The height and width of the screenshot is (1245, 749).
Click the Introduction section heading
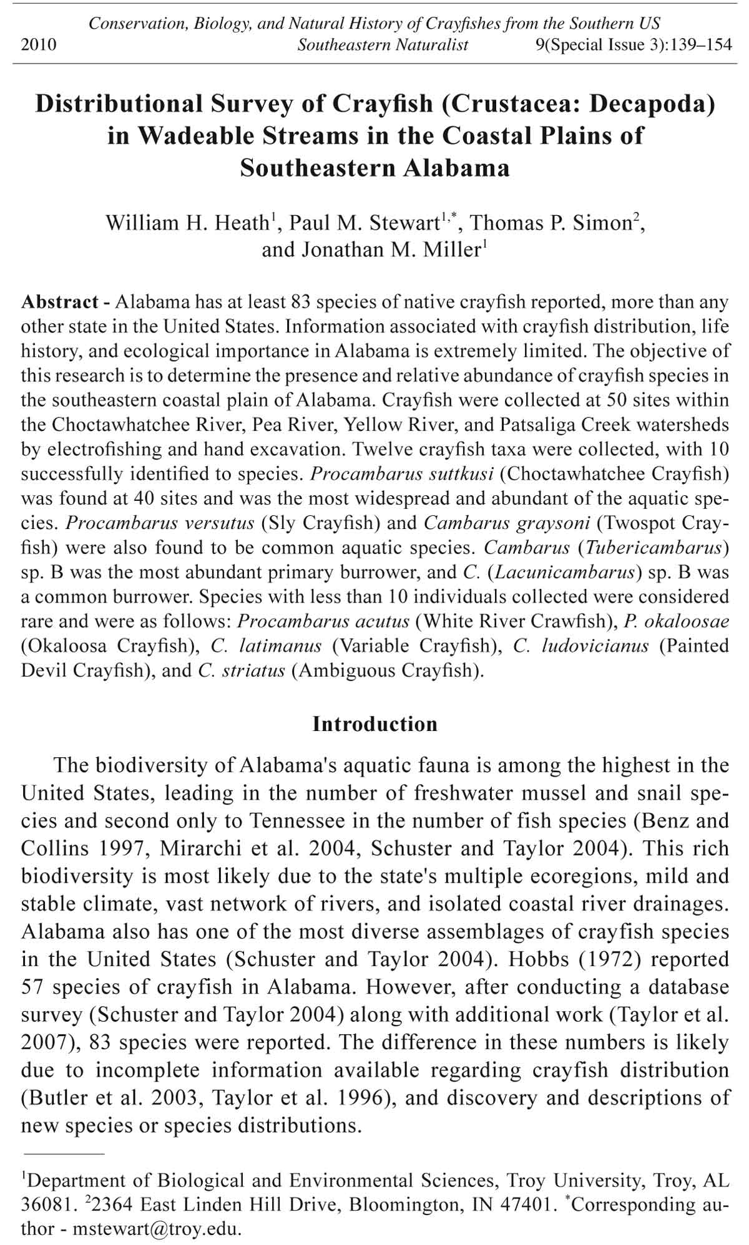(x=374, y=724)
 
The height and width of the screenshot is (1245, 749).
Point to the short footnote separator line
(x=62, y=1155)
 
